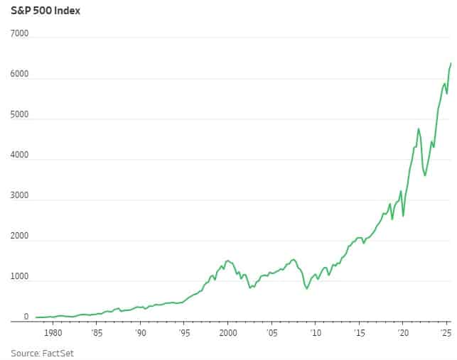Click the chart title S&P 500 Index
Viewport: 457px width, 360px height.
pos(45,11)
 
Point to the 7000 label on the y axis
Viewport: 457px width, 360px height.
pos(19,33)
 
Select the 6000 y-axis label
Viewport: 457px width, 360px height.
pos(19,74)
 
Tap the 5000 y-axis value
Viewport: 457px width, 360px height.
pos(19,114)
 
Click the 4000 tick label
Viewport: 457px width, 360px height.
pos(19,155)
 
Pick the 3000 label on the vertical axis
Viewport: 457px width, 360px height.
pos(19,195)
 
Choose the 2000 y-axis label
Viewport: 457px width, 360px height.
pos(19,236)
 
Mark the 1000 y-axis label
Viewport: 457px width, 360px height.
pos(19,276)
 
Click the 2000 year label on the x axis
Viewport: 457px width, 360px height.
pos(227,332)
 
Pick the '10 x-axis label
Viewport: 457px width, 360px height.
pos(315,332)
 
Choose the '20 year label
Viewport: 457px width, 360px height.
pos(402,332)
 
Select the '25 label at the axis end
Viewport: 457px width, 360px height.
pos(446,332)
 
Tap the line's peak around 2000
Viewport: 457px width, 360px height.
pos(227,261)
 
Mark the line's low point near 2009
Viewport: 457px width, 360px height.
pos(307,289)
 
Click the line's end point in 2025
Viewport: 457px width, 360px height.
pos(451,64)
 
